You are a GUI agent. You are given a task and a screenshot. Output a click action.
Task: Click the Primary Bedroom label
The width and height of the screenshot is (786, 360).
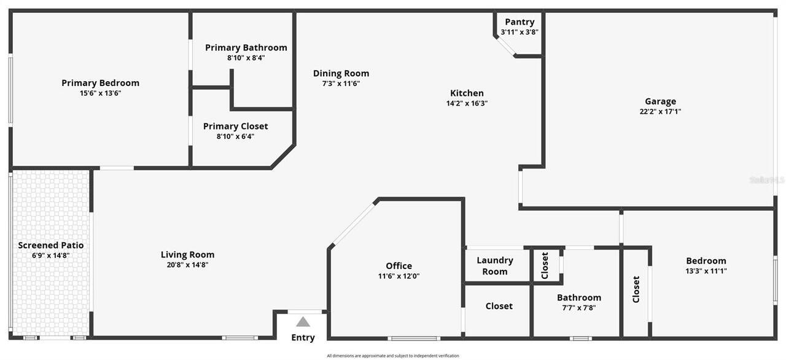(x=100, y=83)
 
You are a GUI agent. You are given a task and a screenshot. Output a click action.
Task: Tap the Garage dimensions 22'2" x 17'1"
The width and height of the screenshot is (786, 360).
(x=660, y=112)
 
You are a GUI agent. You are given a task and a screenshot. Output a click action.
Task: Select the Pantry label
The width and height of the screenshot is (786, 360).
(x=519, y=22)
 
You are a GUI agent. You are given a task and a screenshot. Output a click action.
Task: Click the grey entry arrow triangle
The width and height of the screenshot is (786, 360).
(x=303, y=321)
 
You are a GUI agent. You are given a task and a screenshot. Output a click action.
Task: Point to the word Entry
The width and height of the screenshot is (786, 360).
(x=303, y=337)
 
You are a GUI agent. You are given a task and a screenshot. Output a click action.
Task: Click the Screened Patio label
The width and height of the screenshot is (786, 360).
(x=50, y=245)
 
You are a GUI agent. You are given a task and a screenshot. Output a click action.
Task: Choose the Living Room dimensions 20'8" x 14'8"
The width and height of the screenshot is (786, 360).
(x=187, y=265)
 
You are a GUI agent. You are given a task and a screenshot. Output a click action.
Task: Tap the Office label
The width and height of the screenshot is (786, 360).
(x=399, y=266)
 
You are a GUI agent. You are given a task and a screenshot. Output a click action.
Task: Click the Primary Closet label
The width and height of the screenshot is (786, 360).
(x=235, y=127)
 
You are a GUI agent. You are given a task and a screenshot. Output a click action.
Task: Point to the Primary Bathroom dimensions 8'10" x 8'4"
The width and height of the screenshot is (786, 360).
(x=246, y=58)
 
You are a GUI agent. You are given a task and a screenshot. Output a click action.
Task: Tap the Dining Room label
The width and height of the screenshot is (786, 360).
(x=341, y=73)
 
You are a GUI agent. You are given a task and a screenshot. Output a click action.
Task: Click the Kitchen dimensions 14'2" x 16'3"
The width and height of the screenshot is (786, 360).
(x=467, y=103)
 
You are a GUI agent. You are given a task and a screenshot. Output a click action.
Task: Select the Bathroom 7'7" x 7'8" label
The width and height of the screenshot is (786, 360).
(x=579, y=298)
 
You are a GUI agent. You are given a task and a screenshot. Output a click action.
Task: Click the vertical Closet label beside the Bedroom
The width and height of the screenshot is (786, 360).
(x=636, y=289)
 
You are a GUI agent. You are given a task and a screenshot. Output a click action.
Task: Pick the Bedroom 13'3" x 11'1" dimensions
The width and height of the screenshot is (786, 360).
(x=706, y=271)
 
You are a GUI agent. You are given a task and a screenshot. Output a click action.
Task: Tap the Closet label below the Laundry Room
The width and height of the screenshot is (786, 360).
(x=499, y=306)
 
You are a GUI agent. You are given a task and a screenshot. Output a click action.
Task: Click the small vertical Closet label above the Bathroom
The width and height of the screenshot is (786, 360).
(x=545, y=265)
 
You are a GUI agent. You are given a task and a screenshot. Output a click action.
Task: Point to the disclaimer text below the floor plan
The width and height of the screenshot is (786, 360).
(x=393, y=356)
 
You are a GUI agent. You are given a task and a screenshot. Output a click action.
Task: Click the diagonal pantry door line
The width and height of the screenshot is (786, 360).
(x=505, y=46)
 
